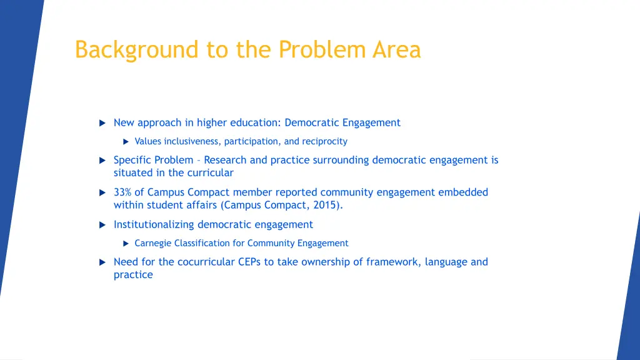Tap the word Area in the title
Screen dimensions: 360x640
397,49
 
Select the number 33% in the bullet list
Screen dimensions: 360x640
122,192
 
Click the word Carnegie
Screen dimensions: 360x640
153,243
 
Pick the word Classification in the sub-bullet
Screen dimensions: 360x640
209,243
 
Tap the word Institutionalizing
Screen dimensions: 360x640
154,224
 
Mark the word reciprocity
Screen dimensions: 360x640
324,141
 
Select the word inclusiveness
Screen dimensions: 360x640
192,141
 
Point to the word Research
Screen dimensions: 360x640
226,160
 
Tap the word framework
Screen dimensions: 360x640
391,262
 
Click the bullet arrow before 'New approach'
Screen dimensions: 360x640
102,123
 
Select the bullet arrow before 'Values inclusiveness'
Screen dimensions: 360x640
125,142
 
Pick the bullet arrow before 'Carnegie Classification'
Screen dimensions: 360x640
125,244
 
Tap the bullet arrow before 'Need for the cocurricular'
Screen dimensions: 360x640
102,262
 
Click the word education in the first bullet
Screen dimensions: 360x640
254,123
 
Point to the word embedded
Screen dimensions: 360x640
463,192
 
